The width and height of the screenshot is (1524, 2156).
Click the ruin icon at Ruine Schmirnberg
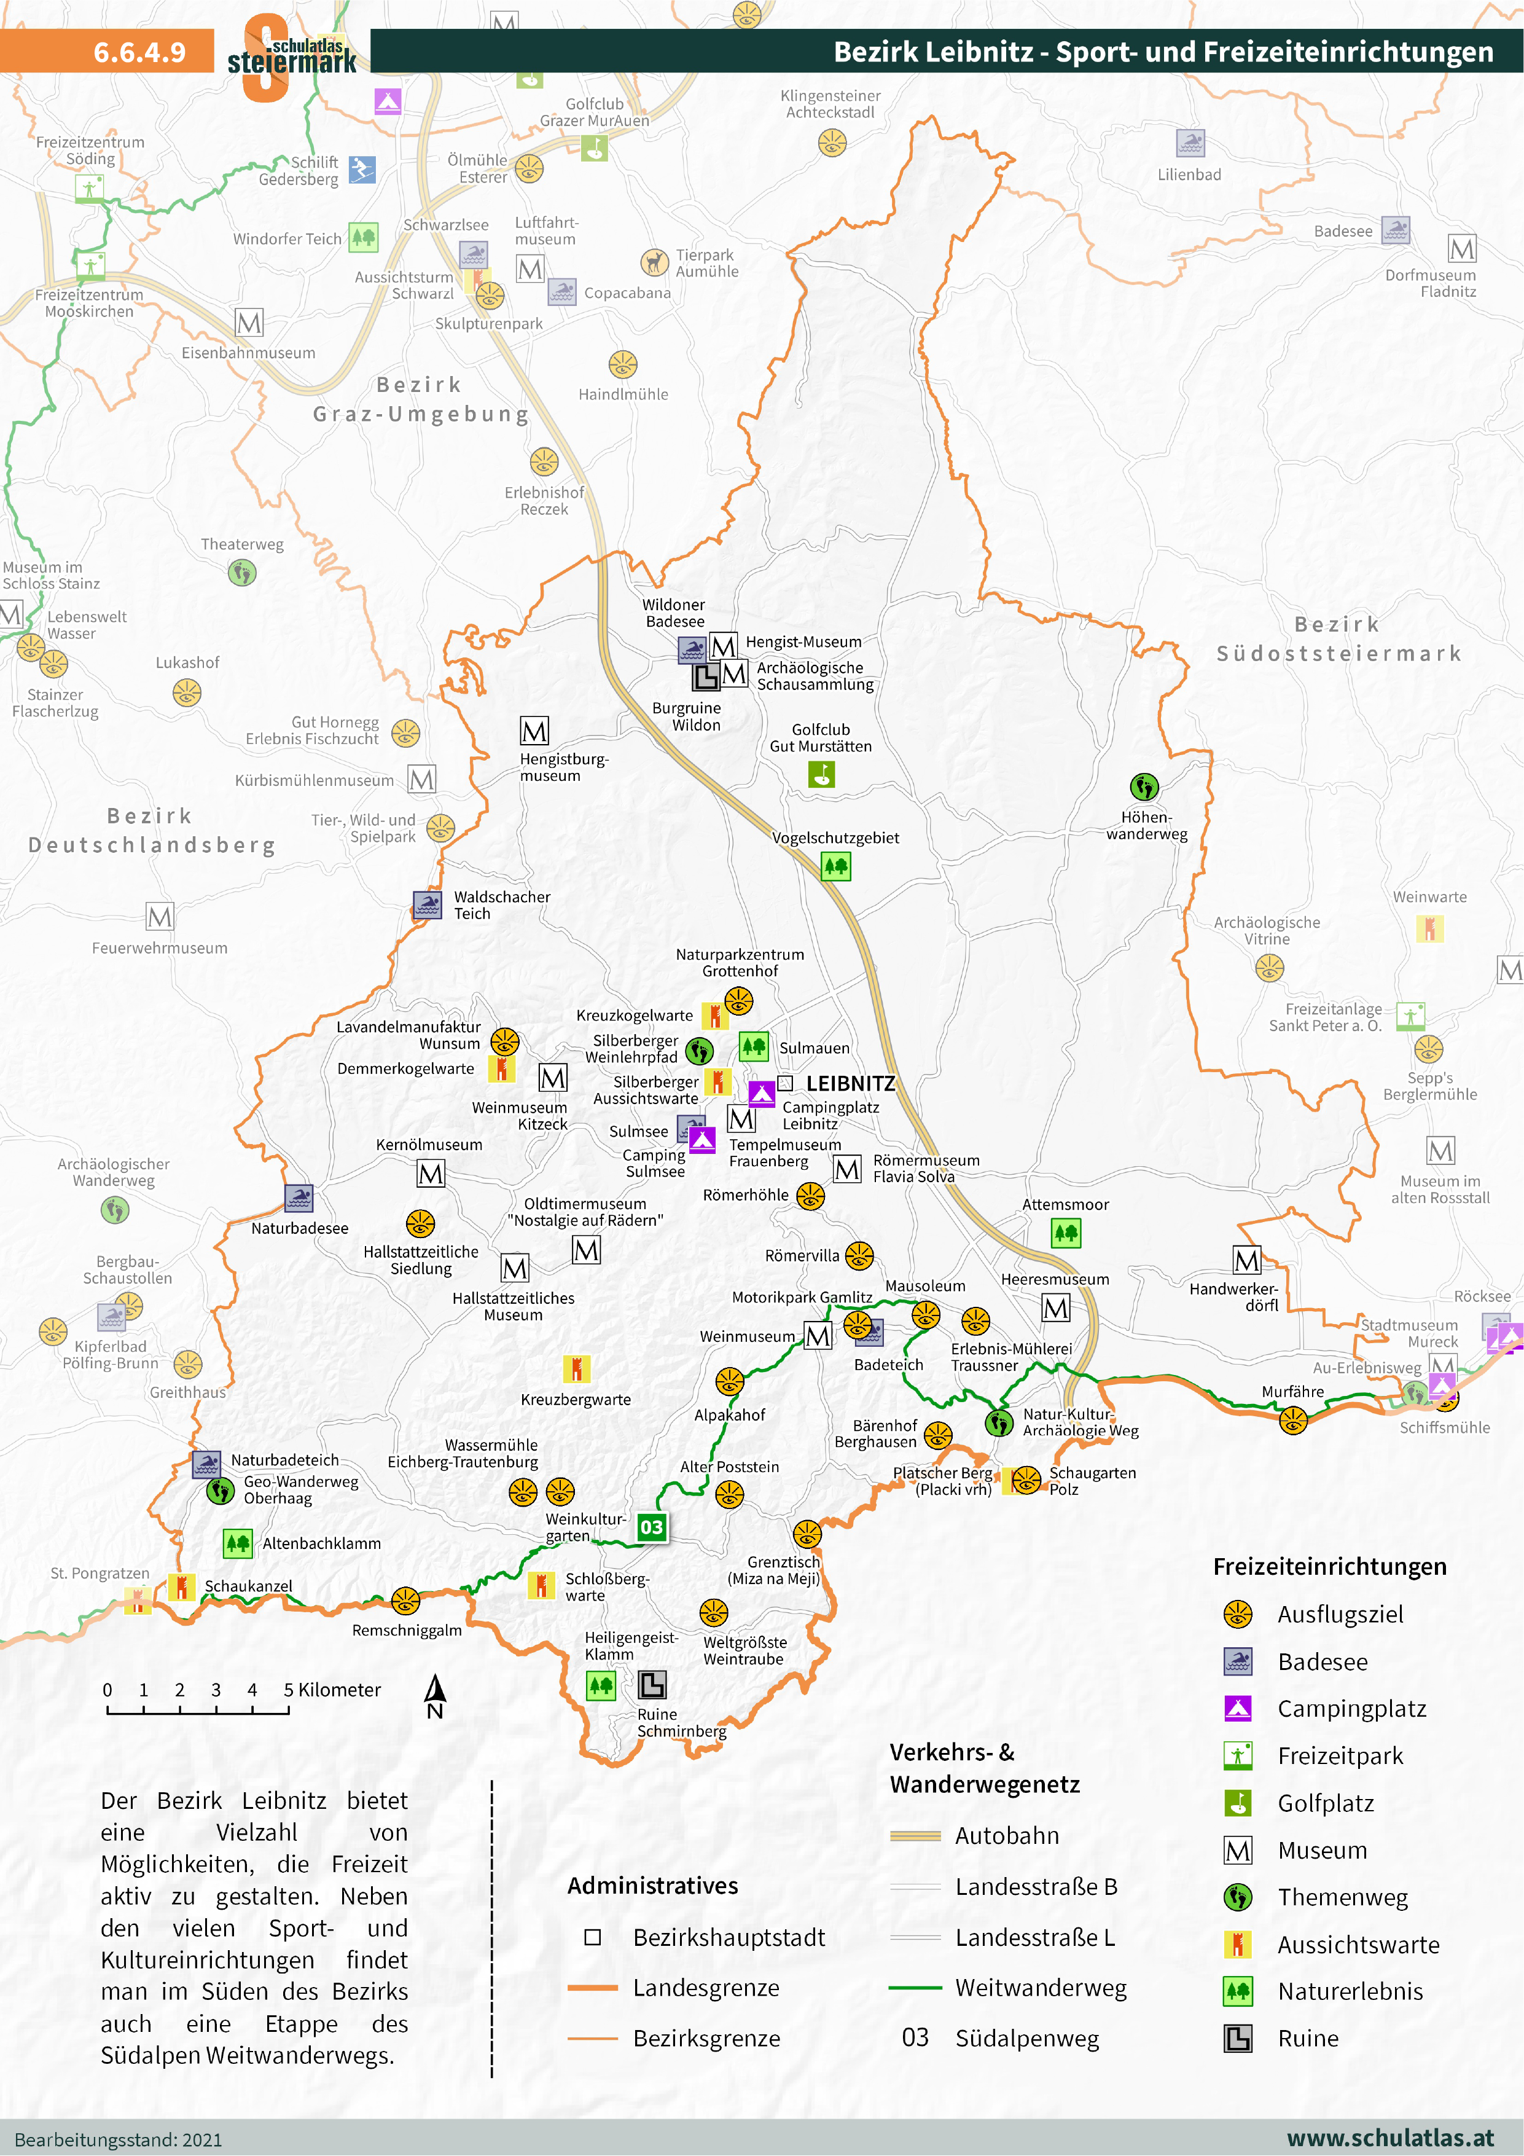click(652, 1685)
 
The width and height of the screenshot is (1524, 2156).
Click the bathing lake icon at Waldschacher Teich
click(428, 904)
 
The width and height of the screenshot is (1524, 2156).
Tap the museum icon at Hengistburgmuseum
click(534, 731)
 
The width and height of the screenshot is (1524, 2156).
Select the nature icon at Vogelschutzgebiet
click(835, 866)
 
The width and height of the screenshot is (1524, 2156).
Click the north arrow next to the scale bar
click(435, 1695)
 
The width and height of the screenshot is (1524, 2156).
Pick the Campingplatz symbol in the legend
click(1238, 1708)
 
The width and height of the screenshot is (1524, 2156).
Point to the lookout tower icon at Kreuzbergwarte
click(576, 1369)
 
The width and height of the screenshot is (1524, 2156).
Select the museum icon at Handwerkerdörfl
click(1246, 1260)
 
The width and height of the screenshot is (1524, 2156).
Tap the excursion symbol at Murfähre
click(1293, 1421)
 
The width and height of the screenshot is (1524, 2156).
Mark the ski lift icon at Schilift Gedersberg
click(362, 169)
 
